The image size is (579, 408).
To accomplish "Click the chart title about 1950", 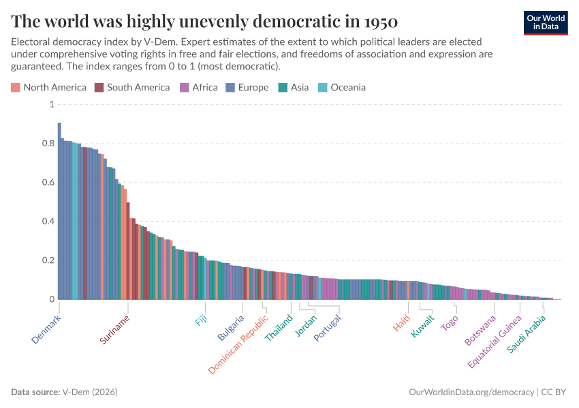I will click(204, 20).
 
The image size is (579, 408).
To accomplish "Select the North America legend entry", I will click(49, 87).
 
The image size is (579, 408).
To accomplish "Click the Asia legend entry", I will click(294, 87).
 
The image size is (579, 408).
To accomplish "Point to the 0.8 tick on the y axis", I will click(48, 143).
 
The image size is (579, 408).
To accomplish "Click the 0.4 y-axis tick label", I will click(48, 222).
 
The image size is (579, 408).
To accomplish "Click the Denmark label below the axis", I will click(46, 329).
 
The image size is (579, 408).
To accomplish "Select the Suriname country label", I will click(114, 330).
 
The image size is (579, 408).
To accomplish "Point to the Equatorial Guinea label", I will click(494, 341).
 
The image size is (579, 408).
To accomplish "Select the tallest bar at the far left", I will click(59, 211).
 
